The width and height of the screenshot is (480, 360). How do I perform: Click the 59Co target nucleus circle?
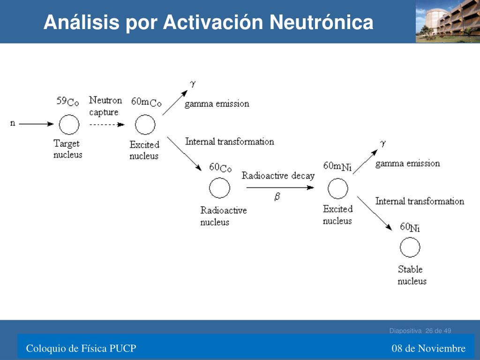click(69, 125)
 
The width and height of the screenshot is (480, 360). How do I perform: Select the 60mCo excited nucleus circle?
click(145, 125)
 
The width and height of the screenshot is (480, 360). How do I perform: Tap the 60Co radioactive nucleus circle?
click(219, 188)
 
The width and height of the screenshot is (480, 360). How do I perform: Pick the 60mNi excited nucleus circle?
click(337, 188)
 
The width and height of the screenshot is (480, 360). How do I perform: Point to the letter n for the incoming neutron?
click(13, 123)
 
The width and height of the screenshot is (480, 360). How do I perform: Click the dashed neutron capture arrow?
click(106, 125)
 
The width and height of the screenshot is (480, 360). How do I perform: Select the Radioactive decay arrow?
click(279, 187)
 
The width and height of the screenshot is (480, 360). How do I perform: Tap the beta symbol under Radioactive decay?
click(277, 197)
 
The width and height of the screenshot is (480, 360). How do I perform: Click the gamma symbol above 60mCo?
click(192, 84)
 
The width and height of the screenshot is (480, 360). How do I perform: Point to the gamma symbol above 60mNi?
click(382, 143)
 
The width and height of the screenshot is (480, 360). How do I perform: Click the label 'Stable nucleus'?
click(412, 275)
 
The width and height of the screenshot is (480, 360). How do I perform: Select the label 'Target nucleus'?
click(67, 149)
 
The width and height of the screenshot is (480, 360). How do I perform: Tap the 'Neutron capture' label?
click(105, 106)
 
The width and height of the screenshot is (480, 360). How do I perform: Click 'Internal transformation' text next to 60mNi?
click(420, 201)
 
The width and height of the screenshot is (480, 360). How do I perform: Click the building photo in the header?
click(448, 21)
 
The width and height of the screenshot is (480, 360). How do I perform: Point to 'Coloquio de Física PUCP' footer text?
click(81, 348)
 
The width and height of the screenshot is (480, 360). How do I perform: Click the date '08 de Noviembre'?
click(428, 348)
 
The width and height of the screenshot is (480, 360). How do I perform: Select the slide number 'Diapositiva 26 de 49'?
click(420, 331)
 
